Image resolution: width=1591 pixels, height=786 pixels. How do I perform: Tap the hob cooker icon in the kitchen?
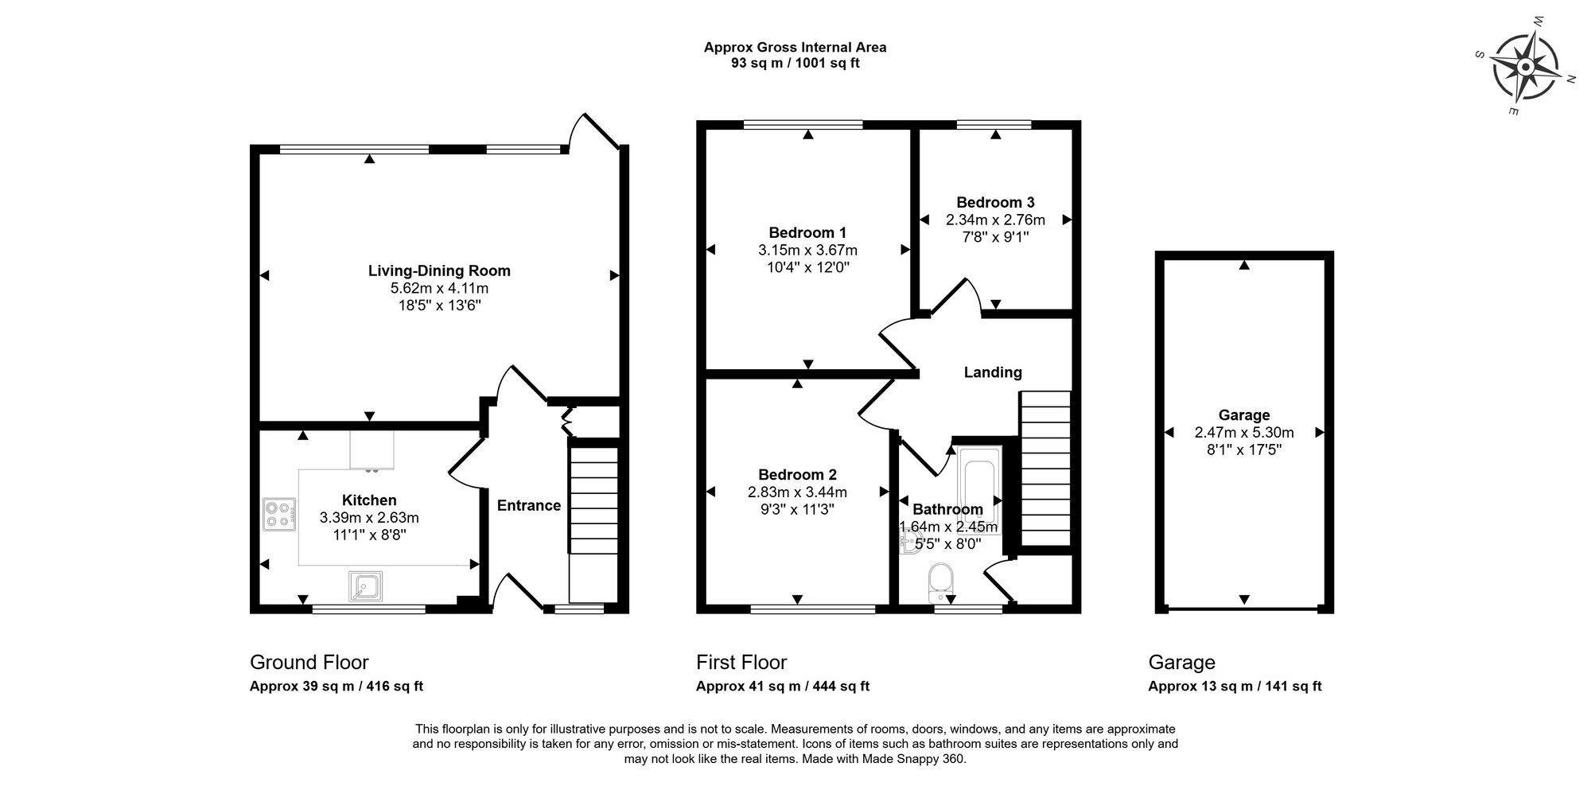pos(279,514)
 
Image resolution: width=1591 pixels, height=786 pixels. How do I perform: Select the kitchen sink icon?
pos(365,587)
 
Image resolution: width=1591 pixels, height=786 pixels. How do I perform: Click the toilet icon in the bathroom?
pos(940,582)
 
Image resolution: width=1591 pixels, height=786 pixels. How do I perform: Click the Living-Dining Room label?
pos(439,270)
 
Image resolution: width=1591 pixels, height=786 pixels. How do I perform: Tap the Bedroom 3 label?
pos(995,202)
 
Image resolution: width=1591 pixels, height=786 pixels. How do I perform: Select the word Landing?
pos(993,372)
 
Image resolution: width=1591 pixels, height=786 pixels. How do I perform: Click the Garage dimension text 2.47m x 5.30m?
pos(1243,433)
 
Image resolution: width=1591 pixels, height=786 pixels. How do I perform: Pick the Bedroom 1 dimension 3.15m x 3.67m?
pos(807,250)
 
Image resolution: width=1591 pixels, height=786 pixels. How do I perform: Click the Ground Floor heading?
pos(309,662)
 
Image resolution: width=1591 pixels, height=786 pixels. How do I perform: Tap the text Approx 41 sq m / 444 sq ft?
pos(782,687)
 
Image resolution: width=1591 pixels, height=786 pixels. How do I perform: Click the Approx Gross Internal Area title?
pos(795,47)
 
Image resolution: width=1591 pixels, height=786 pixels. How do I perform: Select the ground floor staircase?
pos(593,509)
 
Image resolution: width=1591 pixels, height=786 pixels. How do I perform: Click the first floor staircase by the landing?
pos(1045,469)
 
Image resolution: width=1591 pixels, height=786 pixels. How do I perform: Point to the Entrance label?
pos(529,505)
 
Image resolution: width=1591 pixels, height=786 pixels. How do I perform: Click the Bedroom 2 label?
pos(797,474)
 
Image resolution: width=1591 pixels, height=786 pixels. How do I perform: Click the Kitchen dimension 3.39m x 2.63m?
pos(369,518)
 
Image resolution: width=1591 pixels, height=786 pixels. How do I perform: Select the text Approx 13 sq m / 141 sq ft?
pos(1235,687)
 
